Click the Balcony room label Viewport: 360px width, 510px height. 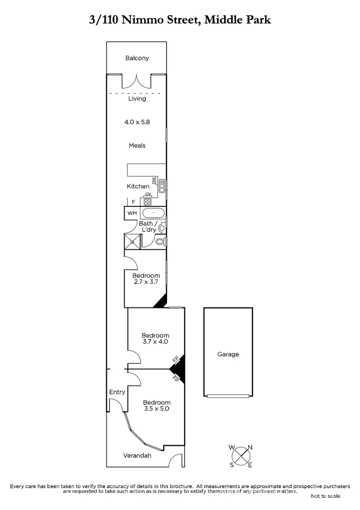(137, 58)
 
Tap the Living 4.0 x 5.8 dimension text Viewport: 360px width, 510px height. (137, 122)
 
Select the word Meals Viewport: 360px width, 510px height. (137, 145)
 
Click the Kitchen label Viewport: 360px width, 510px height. (138, 186)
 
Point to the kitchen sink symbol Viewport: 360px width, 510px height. (161, 187)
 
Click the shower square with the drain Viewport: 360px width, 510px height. (133, 241)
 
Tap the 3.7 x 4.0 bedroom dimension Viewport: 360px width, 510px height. (156, 341)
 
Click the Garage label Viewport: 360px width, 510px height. (228, 354)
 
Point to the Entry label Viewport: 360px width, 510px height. (117, 392)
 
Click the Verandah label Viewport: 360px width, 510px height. (137, 456)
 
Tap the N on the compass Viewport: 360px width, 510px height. (250, 447)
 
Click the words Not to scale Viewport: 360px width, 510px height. (325, 496)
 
